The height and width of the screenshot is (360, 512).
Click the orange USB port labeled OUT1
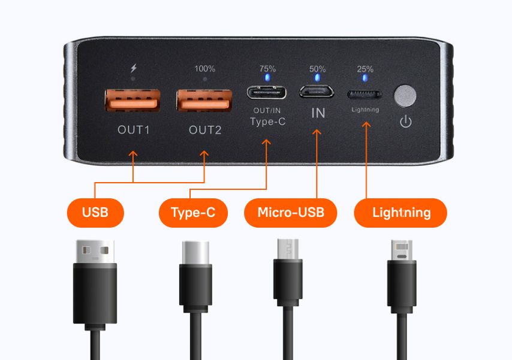[x=132, y=100]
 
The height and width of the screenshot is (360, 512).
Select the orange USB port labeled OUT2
[x=204, y=100]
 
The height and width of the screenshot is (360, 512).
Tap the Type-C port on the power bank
[x=267, y=92]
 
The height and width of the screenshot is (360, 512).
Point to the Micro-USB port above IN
[x=317, y=92]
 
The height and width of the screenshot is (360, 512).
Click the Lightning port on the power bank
[x=365, y=95]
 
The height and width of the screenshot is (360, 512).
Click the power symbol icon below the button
[x=405, y=122]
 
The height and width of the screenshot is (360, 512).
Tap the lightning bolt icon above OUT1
[x=134, y=68]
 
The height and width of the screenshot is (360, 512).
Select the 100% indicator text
[x=204, y=69]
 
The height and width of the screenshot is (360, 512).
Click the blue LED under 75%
[x=267, y=78]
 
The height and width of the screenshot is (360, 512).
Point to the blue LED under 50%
[x=317, y=78]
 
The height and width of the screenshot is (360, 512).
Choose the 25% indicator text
[x=365, y=69]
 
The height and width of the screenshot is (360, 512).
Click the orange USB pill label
[x=95, y=213]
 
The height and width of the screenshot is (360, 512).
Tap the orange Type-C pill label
[x=193, y=213]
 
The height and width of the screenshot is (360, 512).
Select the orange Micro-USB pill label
[x=291, y=213]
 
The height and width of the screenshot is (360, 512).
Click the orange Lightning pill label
[x=400, y=213]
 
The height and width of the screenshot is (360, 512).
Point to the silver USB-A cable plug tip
[x=95, y=252]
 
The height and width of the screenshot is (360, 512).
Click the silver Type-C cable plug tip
[x=195, y=253]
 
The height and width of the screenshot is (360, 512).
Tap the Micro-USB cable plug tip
[x=288, y=249]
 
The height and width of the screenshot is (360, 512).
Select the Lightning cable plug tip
[x=402, y=250]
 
